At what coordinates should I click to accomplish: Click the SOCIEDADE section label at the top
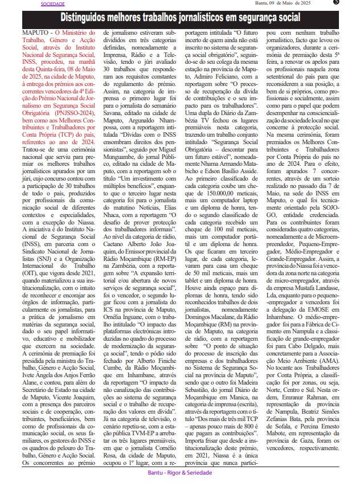(x=53, y=3)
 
